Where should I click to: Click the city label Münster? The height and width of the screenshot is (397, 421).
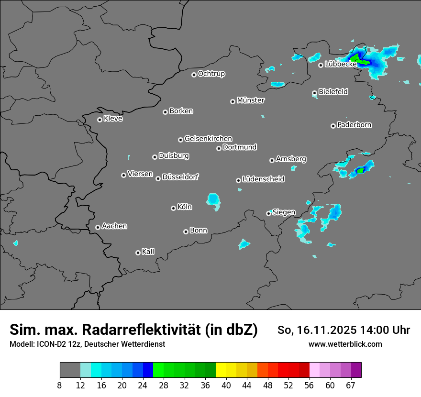click(x=251, y=100)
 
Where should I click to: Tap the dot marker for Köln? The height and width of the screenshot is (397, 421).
click(x=173, y=208)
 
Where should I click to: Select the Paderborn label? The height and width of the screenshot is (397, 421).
click(x=354, y=125)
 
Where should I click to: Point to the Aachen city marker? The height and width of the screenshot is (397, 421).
click(x=98, y=227)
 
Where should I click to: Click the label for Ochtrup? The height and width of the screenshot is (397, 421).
click(x=211, y=74)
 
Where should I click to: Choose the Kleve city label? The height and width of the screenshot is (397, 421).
click(x=113, y=119)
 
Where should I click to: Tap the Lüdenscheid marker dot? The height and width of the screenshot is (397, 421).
click(x=238, y=180)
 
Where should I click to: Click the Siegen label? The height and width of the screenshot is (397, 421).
click(x=284, y=212)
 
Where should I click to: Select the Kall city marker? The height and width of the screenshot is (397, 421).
click(x=138, y=253)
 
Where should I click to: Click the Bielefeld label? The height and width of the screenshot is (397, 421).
click(x=333, y=91)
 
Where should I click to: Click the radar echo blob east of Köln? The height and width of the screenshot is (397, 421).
click(x=213, y=200)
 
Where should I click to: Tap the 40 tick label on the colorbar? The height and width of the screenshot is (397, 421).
click(x=226, y=385)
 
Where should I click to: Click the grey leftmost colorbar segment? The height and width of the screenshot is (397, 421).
click(x=70, y=370)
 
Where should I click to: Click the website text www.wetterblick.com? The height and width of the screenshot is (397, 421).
click(x=345, y=344)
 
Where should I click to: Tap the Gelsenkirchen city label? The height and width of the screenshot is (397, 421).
click(x=208, y=139)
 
